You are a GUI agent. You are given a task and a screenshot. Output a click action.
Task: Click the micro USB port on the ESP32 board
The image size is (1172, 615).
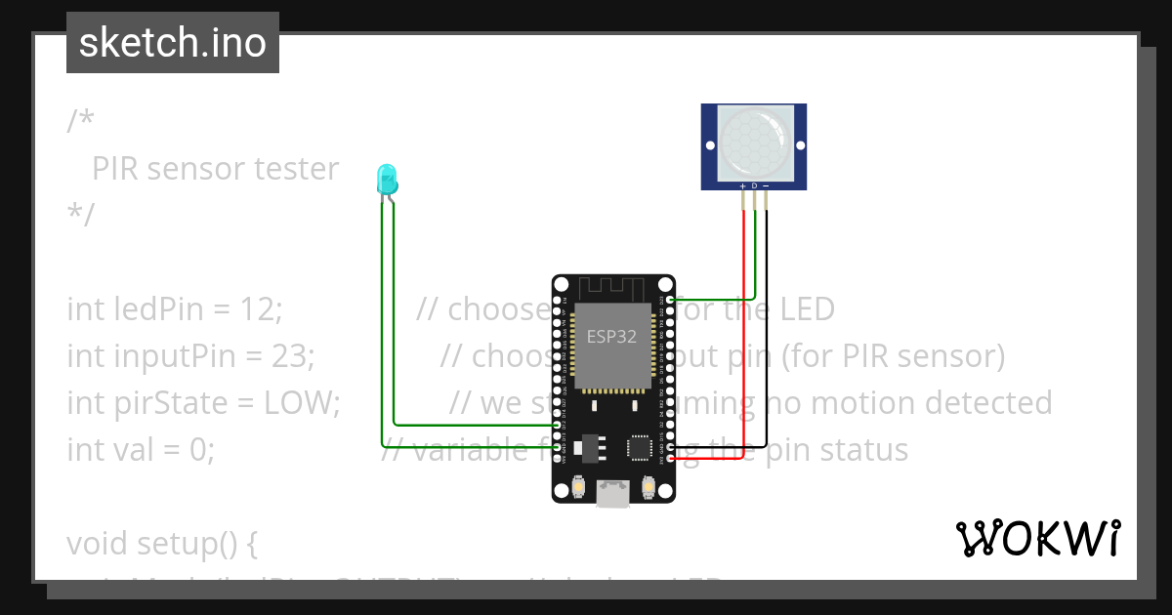612,494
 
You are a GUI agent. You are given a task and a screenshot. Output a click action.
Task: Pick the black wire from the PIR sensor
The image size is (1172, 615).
766,322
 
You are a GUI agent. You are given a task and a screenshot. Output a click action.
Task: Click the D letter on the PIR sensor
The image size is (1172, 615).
754,185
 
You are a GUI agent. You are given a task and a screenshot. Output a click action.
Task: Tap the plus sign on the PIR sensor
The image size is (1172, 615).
742,185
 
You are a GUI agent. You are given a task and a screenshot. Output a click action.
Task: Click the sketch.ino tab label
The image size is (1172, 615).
173,43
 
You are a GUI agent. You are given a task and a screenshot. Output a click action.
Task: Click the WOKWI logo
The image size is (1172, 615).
1037,539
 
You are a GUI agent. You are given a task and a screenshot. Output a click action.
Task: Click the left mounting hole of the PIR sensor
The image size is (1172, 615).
708,145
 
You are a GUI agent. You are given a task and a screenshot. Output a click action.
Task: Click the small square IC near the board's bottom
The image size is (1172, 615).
640,446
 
